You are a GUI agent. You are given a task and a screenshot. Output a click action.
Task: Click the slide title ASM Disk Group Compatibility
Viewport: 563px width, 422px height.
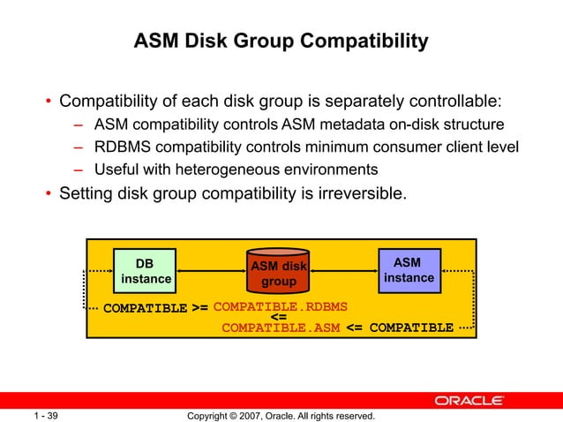(x=281, y=41)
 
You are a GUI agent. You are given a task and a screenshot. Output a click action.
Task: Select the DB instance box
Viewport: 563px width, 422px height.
(x=146, y=270)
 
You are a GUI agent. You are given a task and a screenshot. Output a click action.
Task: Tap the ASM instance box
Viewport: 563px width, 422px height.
(x=409, y=270)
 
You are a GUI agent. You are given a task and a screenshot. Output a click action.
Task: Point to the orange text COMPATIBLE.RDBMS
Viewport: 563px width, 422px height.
(x=281, y=307)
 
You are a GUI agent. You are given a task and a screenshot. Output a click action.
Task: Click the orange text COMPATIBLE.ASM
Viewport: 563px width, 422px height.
(x=281, y=328)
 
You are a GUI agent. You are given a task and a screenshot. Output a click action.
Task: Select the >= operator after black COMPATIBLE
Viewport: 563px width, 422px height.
(x=199, y=309)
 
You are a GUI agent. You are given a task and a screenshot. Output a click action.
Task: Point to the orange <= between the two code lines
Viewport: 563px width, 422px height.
(x=278, y=318)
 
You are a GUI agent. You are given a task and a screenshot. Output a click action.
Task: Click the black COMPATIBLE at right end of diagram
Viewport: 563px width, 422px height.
(x=411, y=328)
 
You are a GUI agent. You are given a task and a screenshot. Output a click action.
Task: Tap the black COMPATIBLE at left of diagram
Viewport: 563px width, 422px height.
(x=146, y=309)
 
